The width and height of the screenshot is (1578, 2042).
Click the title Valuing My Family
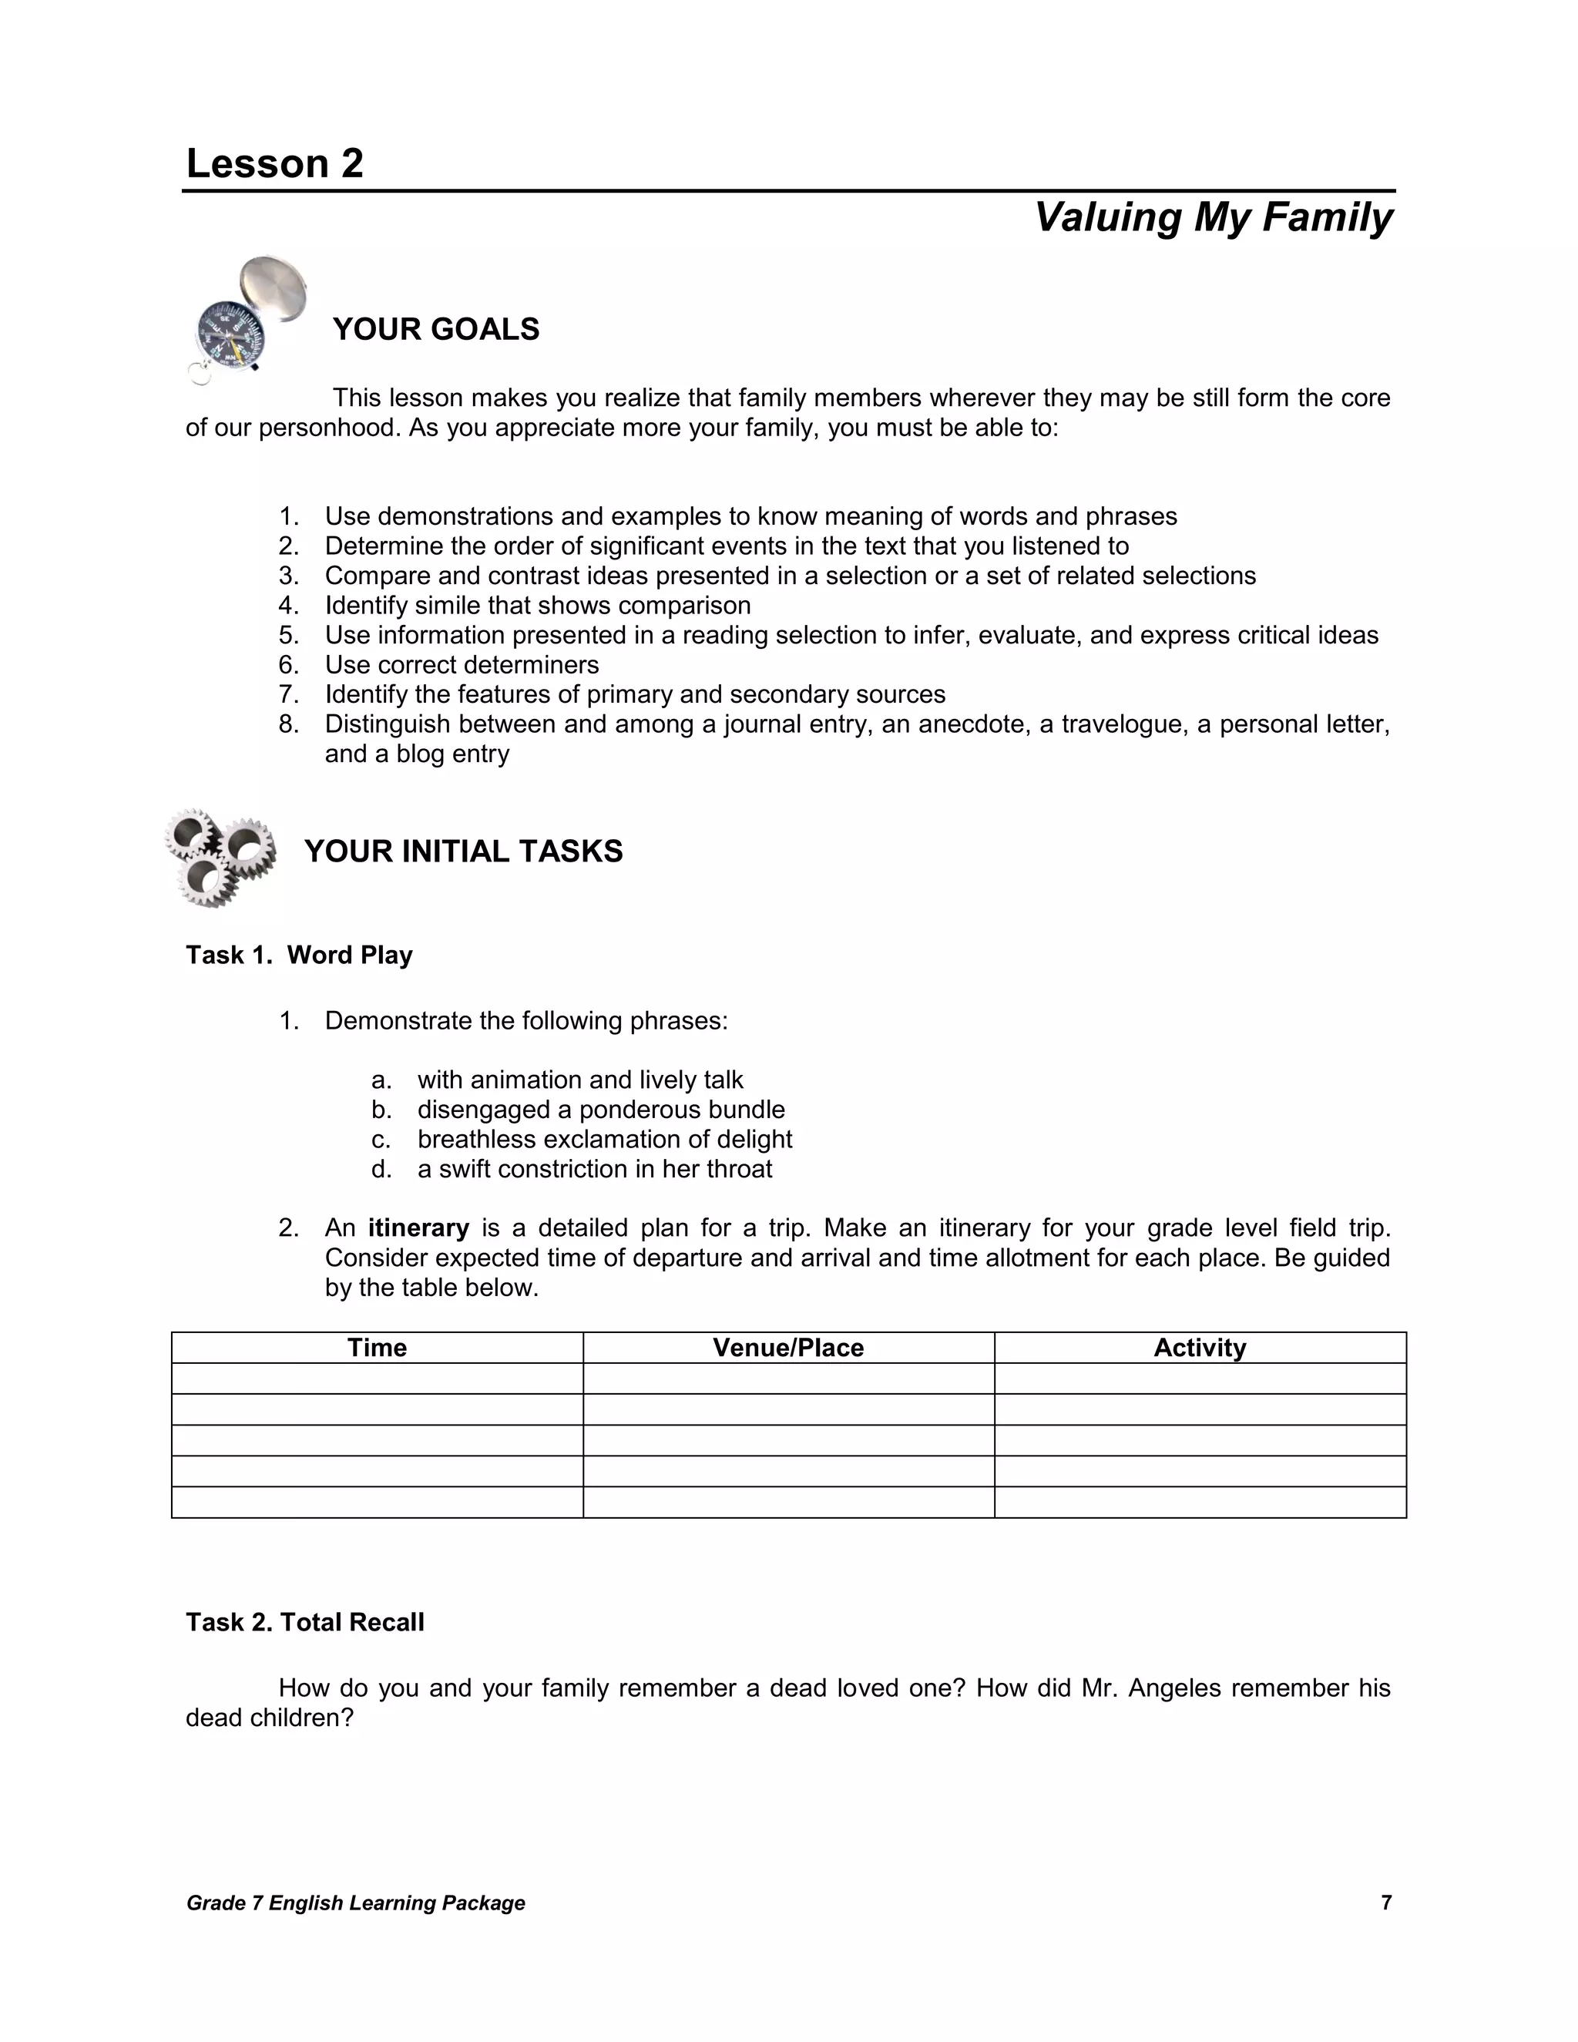click(1213, 217)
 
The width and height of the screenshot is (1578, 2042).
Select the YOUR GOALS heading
click(435, 329)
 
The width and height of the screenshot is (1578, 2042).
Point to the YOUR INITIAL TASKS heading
click(463, 851)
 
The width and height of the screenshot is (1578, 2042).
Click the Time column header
click(377, 1347)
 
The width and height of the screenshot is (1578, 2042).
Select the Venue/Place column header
click(788, 1347)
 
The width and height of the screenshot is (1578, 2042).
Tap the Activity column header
click(1200, 1347)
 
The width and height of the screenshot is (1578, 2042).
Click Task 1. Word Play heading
click(299, 955)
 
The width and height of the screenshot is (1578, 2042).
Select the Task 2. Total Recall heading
click(305, 1622)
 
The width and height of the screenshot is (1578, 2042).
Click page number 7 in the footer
click(1386, 1903)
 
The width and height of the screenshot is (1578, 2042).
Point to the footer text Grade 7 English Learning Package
click(355, 1903)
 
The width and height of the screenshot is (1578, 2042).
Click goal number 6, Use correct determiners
click(462, 665)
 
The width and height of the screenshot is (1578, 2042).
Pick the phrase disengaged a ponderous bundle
click(600, 1110)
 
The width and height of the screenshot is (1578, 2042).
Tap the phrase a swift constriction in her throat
click(595, 1169)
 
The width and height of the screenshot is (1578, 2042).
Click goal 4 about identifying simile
click(538, 606)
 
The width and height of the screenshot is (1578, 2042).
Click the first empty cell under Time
click(377, 1379)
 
